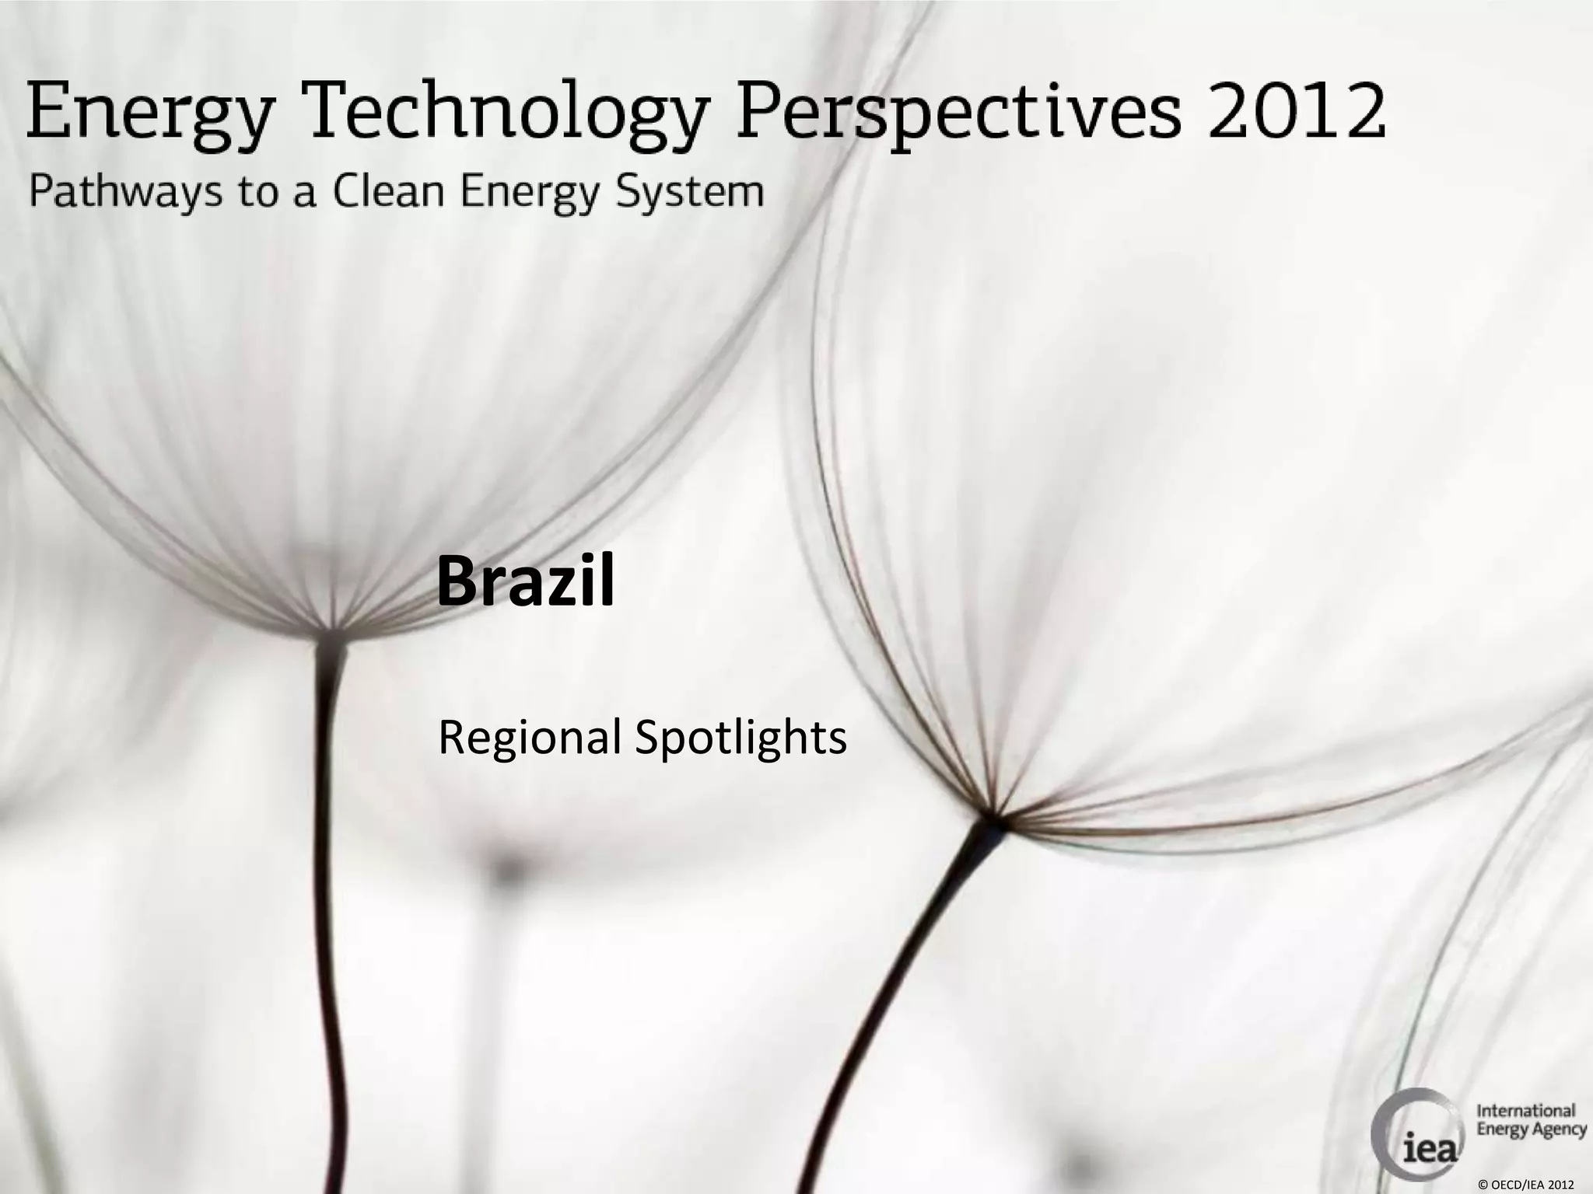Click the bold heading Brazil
pyautogui.click(x=525, y=581)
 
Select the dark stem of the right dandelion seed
pyautogui.click(x=910, y=979)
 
